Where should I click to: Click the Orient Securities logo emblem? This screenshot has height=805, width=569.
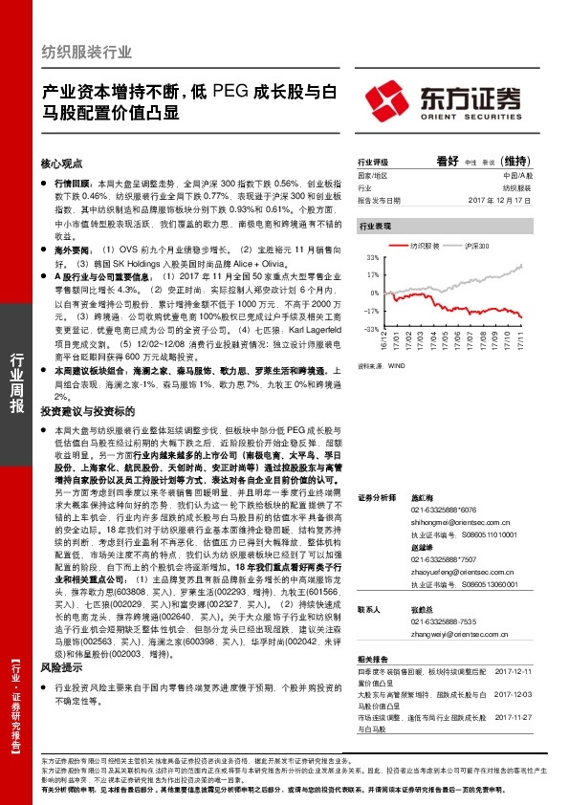(383, 99)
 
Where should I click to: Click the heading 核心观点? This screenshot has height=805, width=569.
(62, 163)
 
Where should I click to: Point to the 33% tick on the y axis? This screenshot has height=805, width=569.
(373, 259)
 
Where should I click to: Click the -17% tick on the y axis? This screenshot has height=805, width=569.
(372, 312)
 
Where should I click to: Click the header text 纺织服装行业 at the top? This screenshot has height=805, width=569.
(88, 54)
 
